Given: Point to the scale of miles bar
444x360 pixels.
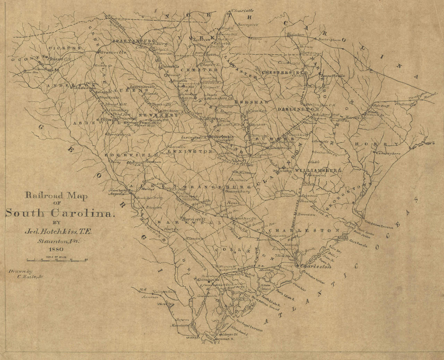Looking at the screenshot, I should pos(57,259).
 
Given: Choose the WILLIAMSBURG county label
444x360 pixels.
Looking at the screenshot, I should pos(319,170).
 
